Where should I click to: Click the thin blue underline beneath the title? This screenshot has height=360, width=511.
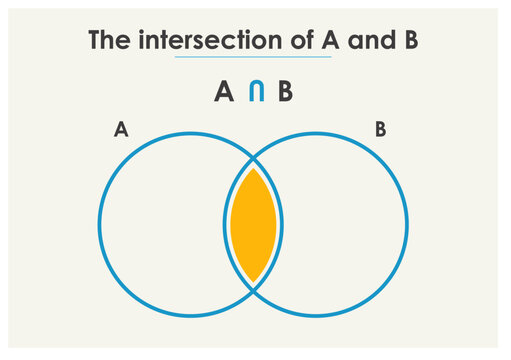coord(252,58)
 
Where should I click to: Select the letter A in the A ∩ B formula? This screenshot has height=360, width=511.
coord(225,93)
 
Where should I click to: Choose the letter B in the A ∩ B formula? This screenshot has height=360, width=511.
coord(286,93)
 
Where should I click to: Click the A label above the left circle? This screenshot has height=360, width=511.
coord(120,129)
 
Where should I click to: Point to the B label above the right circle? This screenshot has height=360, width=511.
coord(380,129)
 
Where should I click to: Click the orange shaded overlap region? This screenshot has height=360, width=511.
coord(253,225)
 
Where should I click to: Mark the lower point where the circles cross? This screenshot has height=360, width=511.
coord(253,291)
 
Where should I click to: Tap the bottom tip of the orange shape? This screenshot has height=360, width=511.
coord(253,280)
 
